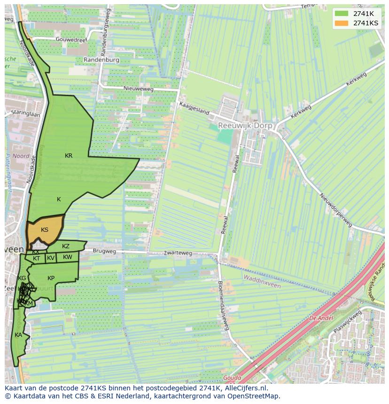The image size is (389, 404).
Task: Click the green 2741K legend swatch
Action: (x=342, y=14)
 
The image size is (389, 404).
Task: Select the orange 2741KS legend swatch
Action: (x=342, y=23)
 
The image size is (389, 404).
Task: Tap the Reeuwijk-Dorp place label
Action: (x=242, y=125)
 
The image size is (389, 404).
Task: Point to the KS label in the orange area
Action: (x=45, y=230)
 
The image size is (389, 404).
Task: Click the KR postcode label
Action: (x=69, y=156)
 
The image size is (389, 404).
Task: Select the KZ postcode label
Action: (x=66, y=246)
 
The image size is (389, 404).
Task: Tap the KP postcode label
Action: (x=51, y=278)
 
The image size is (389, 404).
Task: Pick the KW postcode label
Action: (x=68, y=257)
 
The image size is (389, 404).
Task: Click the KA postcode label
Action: (x=18, y=335)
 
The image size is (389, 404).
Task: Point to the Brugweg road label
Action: (x=104, y=252)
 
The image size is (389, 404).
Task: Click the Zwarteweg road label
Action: (x=178, y=253)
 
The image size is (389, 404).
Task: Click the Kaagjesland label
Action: (x=193, y=108)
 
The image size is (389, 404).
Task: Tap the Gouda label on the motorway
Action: (x=232, y=378)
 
